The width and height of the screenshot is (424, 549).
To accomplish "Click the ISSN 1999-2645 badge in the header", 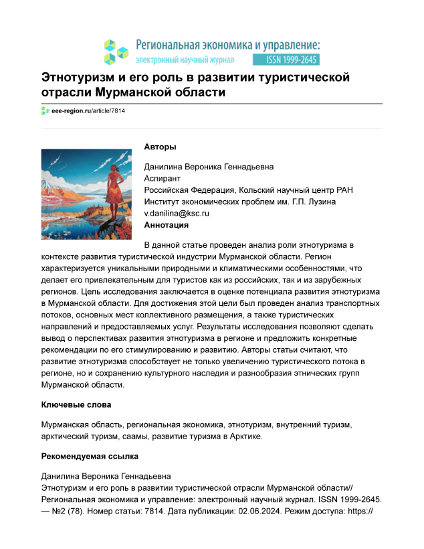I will pos(292,59).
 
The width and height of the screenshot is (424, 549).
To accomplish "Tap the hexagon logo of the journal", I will pos(116,51).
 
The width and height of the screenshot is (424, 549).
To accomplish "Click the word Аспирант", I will pos(163,179).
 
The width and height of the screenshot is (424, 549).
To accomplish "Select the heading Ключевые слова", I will pos(76,406).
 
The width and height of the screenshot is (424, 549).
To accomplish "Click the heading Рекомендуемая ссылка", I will pos(89,457).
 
